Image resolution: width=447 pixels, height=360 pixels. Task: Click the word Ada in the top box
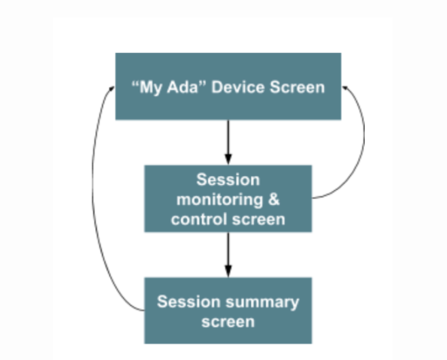(x=183, y=87)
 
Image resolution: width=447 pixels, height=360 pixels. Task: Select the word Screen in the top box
(x=297, y=87)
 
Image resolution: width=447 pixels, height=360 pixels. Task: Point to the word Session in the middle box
(x=228, y=180)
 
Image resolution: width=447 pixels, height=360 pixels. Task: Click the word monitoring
(x=219, y=200)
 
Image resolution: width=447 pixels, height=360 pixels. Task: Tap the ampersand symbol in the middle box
(x=274, y=199)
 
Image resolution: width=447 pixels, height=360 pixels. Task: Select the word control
(x=199, y=219)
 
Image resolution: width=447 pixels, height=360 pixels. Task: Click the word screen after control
(x=259, y=220)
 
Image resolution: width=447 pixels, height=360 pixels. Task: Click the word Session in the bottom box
(x=189, y=302)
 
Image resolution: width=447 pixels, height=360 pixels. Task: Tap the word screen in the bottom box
(x=228, y=322)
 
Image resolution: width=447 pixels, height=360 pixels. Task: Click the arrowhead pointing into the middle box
(x=228, y=159)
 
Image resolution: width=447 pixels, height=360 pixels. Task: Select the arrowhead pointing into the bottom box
(x=228, y=271)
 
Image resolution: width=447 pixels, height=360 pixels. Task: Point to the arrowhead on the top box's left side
(x=111, y=89)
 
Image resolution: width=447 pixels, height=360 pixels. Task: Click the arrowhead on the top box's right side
(x=345, y=88)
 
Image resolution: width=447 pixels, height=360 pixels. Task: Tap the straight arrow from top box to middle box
(x=228, y=143)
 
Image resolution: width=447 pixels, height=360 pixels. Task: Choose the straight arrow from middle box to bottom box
(x=228, y=255)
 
